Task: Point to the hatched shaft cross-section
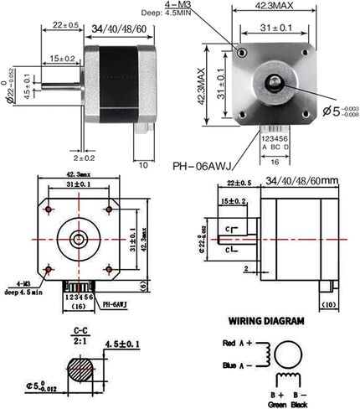[x=82, y=370]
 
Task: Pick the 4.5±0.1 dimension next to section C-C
[x=128, y=344]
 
